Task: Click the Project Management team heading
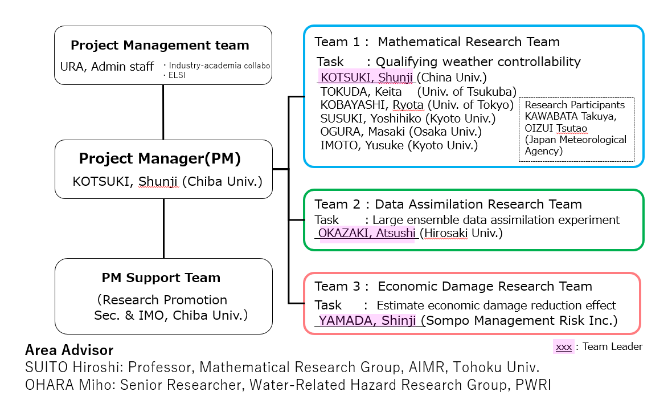(x=160, y=46)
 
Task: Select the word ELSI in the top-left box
(x=177, y=75)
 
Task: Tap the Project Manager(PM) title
(x=160, y=158)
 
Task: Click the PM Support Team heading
(x=161, y=278)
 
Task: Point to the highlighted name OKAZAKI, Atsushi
(x=367, y=233)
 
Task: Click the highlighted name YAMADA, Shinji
(x=367, y=320)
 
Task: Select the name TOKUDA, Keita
(x=361, y=92)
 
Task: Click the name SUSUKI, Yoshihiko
(x=367, y=119)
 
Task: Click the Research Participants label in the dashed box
(x=575, y=105)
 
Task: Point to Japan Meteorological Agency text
(x=575, y=145)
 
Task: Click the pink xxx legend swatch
(x=564, y=346)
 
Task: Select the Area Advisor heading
(x=69, y=350)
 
